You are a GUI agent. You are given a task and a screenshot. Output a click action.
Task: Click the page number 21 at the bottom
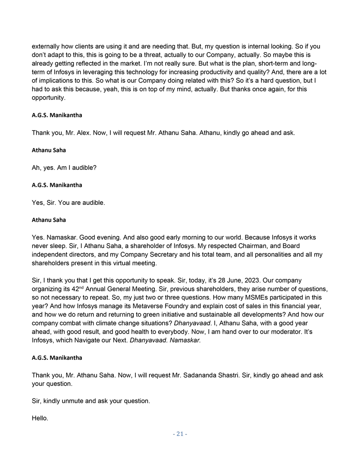(x=180, y=434)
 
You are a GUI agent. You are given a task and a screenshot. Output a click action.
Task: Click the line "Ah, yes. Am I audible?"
(x=64, y=168)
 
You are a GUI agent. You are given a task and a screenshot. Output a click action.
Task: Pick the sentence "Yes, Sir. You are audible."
(x=68, y=203)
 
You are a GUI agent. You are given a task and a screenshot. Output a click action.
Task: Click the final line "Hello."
(x=40, y=418)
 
